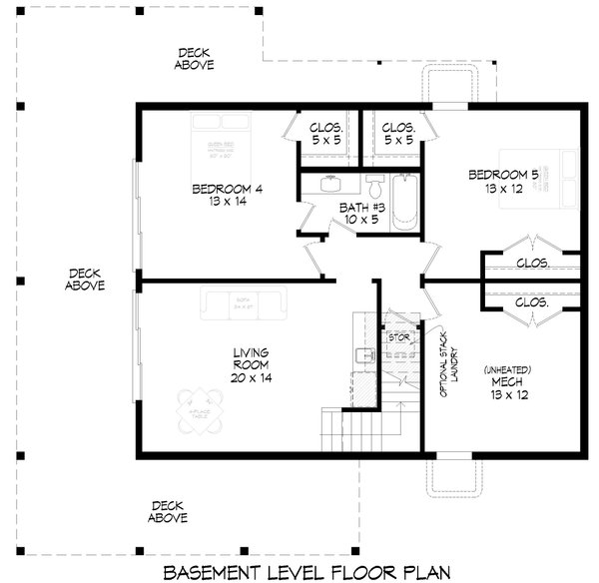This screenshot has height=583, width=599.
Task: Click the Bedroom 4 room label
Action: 230,194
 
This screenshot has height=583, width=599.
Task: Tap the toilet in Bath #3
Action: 374,187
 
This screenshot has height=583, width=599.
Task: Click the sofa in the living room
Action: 244,301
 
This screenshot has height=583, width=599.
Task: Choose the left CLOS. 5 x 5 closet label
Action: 326,135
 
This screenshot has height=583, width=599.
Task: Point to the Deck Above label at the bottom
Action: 167,512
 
